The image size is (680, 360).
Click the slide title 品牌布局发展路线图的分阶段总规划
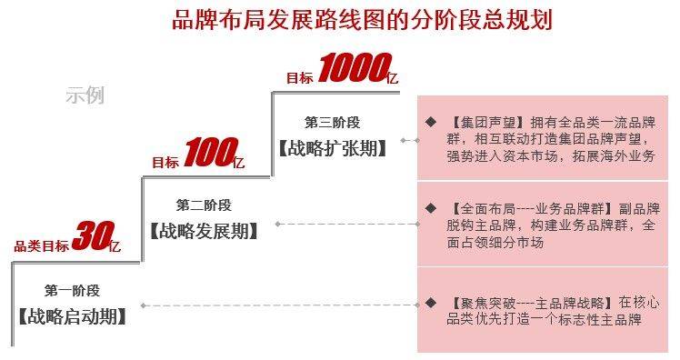(362, 19)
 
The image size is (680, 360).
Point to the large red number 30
(90, 237)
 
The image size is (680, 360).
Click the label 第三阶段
(332, 122)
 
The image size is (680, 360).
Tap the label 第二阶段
(204, 205)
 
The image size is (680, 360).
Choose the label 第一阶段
(72, 291)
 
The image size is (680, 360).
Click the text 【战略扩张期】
(332, 148)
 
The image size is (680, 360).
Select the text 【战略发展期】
(204, 231)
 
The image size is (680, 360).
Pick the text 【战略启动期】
(72, 317)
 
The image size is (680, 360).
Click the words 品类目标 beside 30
(40, 245)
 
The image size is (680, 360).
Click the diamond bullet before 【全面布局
(430, 208)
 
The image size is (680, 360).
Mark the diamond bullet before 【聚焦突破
(430, 302)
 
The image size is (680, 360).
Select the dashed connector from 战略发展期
(342, 223)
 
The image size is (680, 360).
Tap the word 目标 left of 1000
(299, 78)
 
